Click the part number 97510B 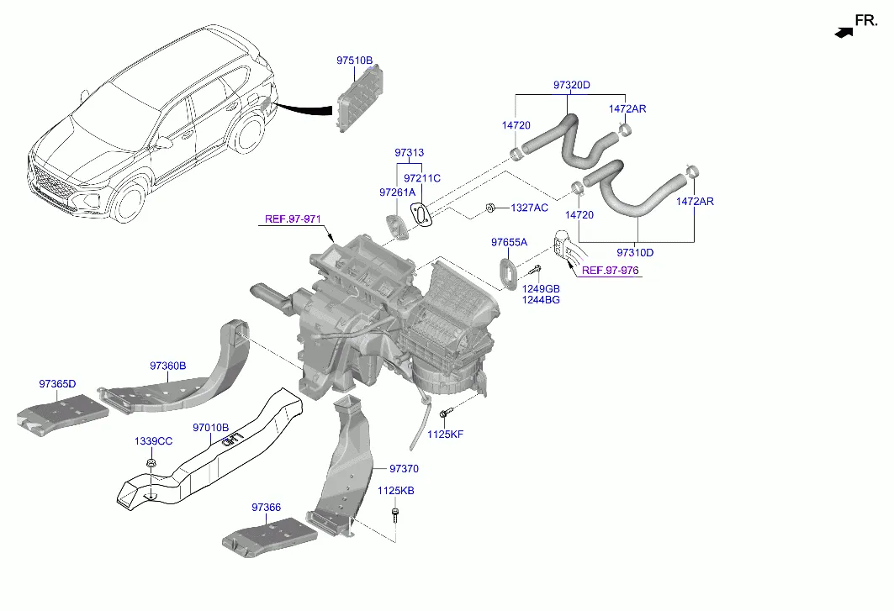[x=354, y=61]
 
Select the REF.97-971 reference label [x=293, y=219]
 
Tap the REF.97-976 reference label [x=611, y=271]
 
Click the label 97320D [x=572, y=85]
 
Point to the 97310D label [x=635, y=251]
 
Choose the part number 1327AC [x=529, y=208]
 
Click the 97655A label [x=509, y=243]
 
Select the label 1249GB [x=541, y=289]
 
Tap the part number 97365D [x=57, y=384]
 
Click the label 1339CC [x=153, y=441]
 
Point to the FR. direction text [x=866, y=19]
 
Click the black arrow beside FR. [x=841, y=32]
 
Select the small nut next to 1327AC [x=489, y=208]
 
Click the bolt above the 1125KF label [x=447, y=413]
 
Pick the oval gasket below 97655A [x=508, y=273]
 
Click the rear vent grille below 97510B [x=359, y=100]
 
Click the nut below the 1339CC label [x=151, y=463]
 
